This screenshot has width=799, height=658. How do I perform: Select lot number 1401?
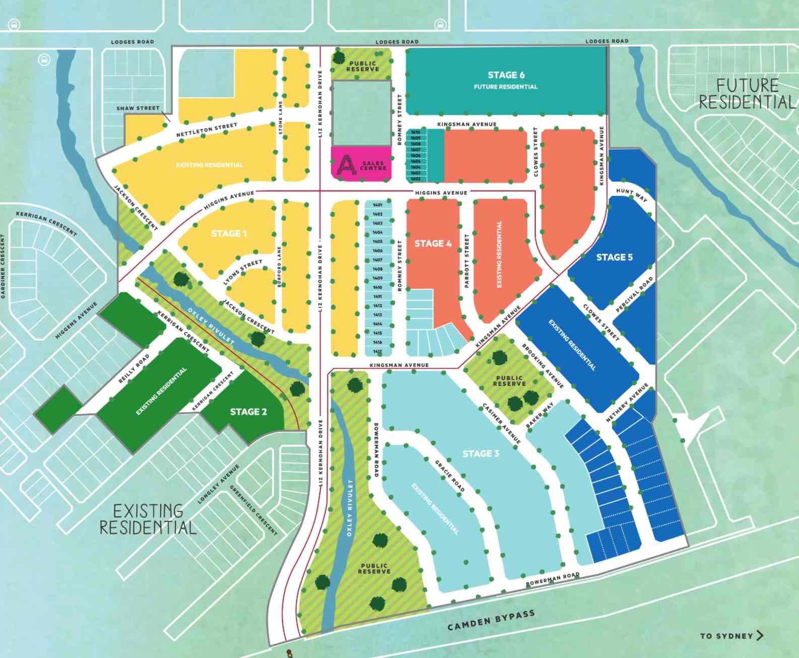click(x=378, y=205)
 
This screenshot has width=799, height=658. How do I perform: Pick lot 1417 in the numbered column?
click(x=378, y=352)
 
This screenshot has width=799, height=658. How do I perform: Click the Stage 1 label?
click(x=229, y=233)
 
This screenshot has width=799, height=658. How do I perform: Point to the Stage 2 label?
click(x=248, y=412)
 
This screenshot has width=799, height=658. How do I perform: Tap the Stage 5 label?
click(x=614, y=257)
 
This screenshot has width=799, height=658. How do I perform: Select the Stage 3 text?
click(x=481, y=453)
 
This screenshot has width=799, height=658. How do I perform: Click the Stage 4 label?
click(x=433, y=244)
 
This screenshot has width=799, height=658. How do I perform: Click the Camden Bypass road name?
click(x=491, y=620)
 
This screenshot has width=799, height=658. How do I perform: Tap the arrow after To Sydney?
click(x=760, y=636)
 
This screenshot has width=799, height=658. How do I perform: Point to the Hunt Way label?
click(x=632, y=195)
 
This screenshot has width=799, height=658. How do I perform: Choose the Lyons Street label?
click(x=243, y=273)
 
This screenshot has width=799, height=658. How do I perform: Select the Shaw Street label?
click(x=138, y=108)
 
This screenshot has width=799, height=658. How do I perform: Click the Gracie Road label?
click(x=450, y=476)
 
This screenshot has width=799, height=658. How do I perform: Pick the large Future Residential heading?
click(x=747, y=94)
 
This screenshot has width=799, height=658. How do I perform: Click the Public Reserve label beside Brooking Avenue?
click(x=509, y=380)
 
